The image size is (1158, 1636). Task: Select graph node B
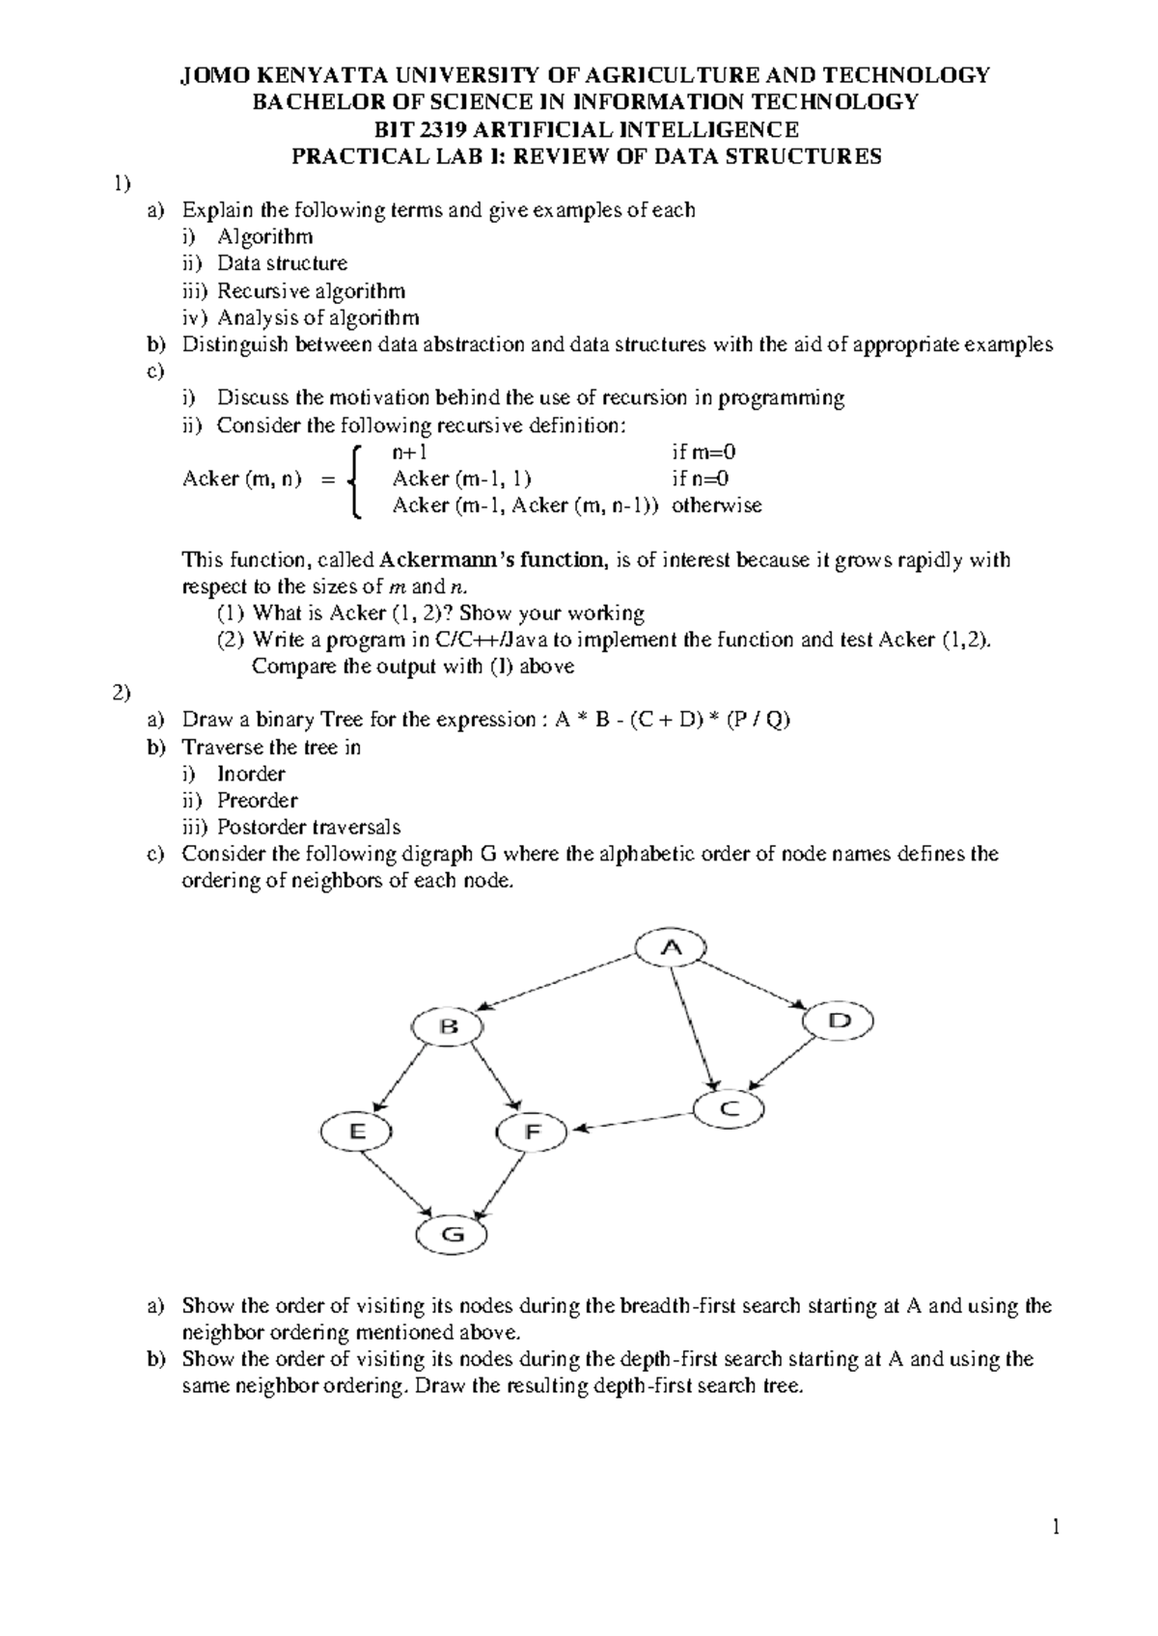click(x=449, y=1026)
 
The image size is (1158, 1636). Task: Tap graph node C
click(x=729, y=1109)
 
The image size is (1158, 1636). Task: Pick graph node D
click(x=840, y=1021)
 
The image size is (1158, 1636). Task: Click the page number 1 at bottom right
click(x=1057, y=1554)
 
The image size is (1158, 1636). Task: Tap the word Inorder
click(x=251, y=774)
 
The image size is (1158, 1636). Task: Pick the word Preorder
click(x=257, y=801)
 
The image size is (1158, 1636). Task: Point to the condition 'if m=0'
click(x=704, y=451)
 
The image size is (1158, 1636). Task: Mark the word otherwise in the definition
click(x=717, y=505)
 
